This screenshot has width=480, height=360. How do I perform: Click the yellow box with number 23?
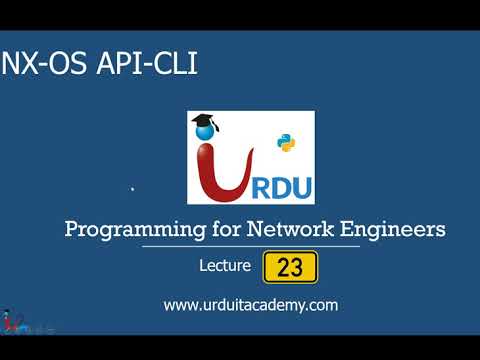tap(290, 268)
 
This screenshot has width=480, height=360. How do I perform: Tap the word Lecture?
tap(226, 268)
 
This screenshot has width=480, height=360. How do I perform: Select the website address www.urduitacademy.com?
tap(250, 305)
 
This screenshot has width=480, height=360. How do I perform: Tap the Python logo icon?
tap(286, 143)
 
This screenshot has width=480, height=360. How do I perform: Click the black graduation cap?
tap(204, 121)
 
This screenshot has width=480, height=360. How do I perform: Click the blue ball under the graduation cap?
tap(210, 129)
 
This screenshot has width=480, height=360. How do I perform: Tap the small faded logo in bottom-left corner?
tap(20, 322)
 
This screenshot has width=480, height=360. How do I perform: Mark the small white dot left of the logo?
tap(133, 188)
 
